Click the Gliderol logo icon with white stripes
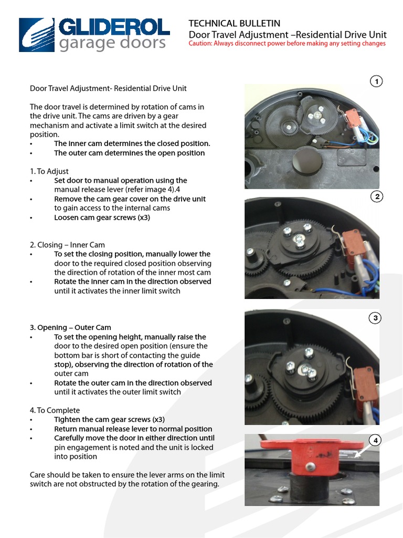click(x=37, y=35)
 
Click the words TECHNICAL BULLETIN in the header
click(x=234, y=24)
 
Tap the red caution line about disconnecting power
click(x=287, y=44)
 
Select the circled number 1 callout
click(x=376, y=81)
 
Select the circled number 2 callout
click(x=376, y=197)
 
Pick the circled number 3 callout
click(x=376, y=318)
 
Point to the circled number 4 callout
click(x=376, y=440)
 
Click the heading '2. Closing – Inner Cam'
click(x=67, y=245)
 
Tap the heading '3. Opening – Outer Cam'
click(x=70, y=328)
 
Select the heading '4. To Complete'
click(x=55, y=410)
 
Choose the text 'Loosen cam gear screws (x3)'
click(x=102, y=218)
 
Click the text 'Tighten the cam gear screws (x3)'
click(x=109, y=420)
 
